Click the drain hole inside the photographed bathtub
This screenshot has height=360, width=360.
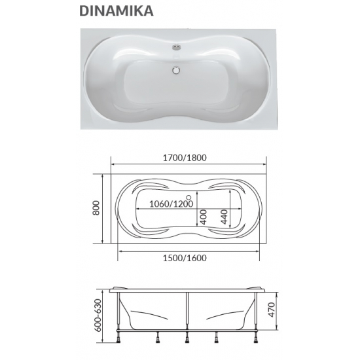tap(176, 68)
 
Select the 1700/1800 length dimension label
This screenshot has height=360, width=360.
tap(187, 157)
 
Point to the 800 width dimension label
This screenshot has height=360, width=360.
tap(96, 207)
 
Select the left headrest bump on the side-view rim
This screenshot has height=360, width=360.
tap(122, 288)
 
